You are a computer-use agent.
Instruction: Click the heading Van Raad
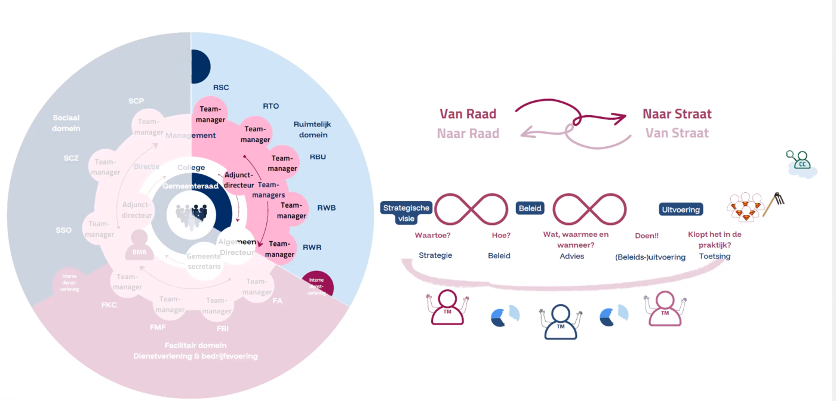point(468,113)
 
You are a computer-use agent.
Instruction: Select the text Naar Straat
point(677,113)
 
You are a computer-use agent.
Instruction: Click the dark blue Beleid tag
point(530,208)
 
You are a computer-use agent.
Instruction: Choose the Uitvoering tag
point(681,209)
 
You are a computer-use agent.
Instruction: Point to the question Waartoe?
point(432,235)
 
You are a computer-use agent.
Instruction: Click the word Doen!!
point(646,236)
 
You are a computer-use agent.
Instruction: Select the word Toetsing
point(715,256)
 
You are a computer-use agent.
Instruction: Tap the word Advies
point(571,256)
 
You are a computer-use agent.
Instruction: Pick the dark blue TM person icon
point(561,322)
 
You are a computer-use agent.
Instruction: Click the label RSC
point(221,88)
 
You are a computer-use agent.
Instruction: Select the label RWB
point(327,208)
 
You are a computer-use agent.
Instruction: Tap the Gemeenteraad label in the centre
point(192,186)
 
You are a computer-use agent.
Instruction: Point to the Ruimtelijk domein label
point(312,129)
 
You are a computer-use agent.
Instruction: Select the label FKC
point(109,305)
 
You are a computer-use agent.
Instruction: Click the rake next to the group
point(774,203)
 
